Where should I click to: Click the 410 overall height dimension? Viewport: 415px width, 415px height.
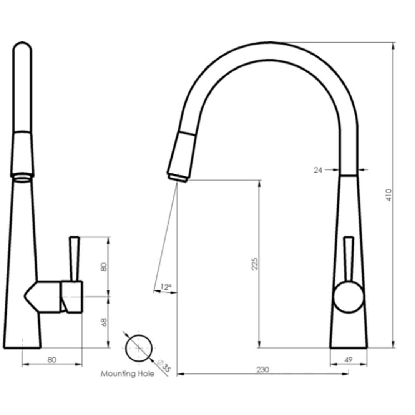click(x=388, y=195)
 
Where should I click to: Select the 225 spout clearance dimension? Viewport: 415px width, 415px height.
click(x=255, y=264)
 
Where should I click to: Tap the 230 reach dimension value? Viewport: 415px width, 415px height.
click(x=263, y=369)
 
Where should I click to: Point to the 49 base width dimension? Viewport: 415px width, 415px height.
click(x=348, y=360)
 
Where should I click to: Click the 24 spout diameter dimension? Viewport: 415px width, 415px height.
click(x=318, y=170)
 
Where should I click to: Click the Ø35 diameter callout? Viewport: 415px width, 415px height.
click(x=164, y=365)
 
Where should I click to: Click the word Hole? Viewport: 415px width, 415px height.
click(x=146, y=373)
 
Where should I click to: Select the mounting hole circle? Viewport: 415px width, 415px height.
click(x=139, y=347)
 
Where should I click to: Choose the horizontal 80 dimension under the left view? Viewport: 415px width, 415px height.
click(x=52, y=360)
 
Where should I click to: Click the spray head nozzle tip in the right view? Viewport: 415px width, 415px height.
click(x=178, y=177)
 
